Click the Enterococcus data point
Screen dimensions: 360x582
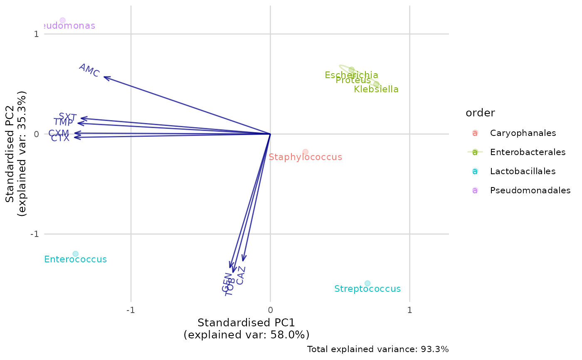(x=75, y=254)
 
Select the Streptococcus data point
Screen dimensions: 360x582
(x=367, y=284)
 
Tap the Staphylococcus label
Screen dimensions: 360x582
(x=305, y=157)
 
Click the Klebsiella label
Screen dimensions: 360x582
(x=376, y=89)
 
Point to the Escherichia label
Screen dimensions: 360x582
(x=351, y=75)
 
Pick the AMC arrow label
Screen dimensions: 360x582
(x=89, y=70)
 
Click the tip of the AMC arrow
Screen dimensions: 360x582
(x=104, y=77)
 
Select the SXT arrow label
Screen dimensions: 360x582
(x=67, y=117)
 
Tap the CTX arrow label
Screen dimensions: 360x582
(x=60, y=138)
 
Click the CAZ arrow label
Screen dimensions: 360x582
(x=241, y=275)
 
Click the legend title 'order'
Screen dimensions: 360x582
(x=480, y=113)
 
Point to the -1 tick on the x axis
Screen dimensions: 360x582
(x=131, y=310)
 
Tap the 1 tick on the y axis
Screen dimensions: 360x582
(x=37, y=34)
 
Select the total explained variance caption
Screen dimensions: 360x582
(x=378, y=349)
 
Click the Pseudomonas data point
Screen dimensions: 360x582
(x=62, y=20)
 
